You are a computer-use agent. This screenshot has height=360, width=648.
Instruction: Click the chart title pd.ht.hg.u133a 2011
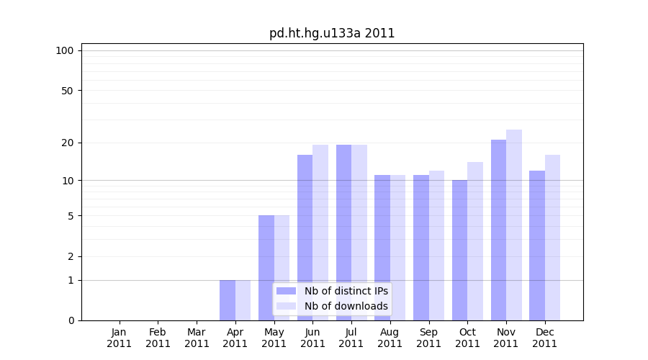(x=332, y=33)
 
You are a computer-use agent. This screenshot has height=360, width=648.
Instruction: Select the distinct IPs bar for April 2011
(x=228, y=300)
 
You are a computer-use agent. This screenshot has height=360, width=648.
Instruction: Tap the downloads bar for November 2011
(x=514, y=225)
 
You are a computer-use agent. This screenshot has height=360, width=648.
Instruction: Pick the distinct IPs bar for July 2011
(x=343, y=233)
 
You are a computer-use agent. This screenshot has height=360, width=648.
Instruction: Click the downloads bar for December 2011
(x=552, y=238)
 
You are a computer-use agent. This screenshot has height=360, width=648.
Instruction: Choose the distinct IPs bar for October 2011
(x=459, y=250)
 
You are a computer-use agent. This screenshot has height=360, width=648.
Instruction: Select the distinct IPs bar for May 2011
(x=266, y=268)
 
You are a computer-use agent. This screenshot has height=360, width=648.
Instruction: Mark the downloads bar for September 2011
(x=436, y=246)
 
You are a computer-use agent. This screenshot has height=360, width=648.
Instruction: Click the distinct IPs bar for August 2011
(x=382, y=248)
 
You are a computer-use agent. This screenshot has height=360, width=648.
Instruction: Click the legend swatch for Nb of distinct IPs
(x=286, y=291)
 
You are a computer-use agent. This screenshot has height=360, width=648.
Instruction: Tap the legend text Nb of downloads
(x=346, y=306)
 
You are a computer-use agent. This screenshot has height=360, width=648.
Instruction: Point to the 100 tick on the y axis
(x=65, y=50)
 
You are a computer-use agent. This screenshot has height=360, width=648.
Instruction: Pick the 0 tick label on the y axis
(x=71, y=320)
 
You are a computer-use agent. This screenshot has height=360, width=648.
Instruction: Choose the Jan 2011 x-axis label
(x=120, y=338)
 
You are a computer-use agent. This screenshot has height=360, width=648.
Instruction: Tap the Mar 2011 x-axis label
(x=197, y=338)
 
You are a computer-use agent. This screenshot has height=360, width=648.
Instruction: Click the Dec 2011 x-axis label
(x=545, y=338)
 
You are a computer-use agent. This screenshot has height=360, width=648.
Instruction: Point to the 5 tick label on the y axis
(x=71, y=216)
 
